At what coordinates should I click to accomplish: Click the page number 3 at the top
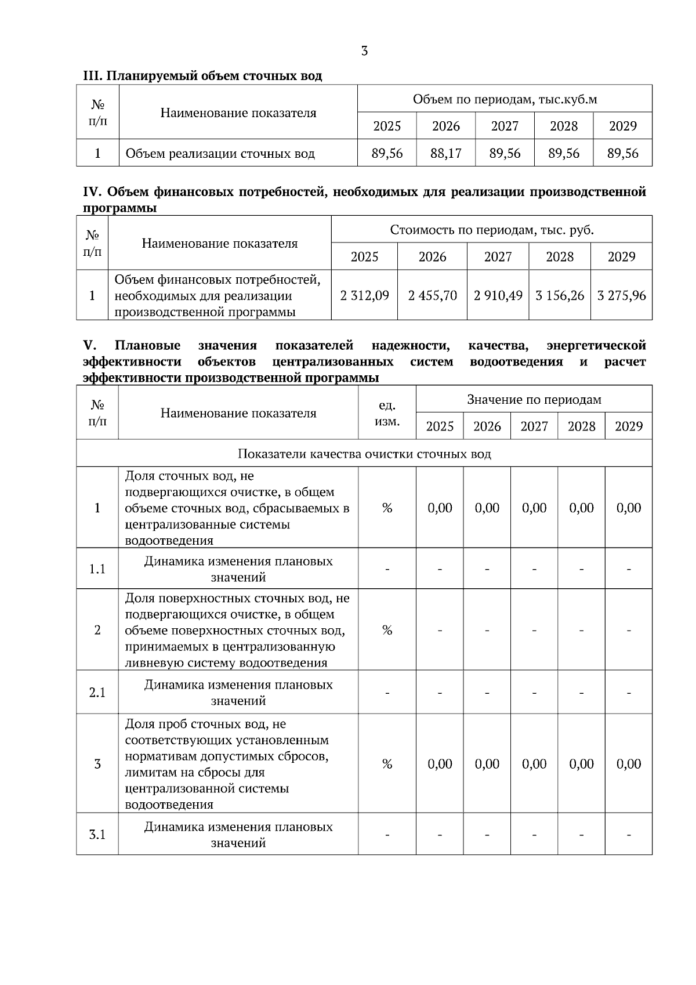(x=364, y=51)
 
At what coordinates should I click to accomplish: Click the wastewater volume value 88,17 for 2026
(x=446, y=153)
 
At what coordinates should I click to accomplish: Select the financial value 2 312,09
(x=364, y=295)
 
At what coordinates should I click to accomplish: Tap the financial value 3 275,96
(x=621, y=295)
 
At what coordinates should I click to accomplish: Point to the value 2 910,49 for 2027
(x=498, y=295)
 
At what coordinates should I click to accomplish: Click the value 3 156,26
(x=560, y=295)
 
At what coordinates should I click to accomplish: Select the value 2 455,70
(x=432, y=295)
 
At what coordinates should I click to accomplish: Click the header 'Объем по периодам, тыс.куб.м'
(x=505, y=99)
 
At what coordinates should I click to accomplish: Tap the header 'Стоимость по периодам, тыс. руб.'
(x=492, y=230)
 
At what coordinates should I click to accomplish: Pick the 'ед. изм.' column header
(x=387, y=413)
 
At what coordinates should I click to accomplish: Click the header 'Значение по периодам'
(x=534, y=399)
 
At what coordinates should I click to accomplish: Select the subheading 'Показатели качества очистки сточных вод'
(x=364, y=454)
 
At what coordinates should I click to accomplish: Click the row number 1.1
(x=97, y=569)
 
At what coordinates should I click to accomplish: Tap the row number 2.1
(x=97, y=693)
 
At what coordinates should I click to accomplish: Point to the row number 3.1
(x=97, y=835)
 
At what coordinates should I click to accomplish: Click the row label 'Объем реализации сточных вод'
(x=220, y=154)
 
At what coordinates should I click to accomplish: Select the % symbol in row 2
(x=387, y=631)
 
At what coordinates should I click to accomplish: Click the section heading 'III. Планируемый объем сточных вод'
(x=202, y=76)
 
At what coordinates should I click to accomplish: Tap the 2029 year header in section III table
(x=622, y=126)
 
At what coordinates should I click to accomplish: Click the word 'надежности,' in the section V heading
(x=411, y=346)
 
